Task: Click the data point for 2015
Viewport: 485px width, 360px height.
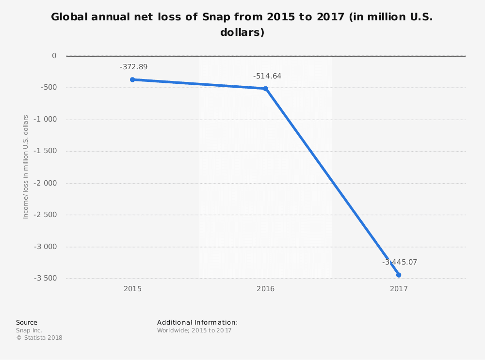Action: click(x=132, y=79)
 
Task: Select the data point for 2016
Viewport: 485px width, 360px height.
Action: click(x=265, y=89)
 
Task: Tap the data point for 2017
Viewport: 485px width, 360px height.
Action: click(x=399, y=275)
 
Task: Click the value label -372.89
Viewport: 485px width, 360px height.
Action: click(x=133, y=67)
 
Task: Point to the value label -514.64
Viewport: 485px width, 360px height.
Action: click(x=267, y=76)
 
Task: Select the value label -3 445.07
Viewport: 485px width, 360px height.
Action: click(x=400, y=262)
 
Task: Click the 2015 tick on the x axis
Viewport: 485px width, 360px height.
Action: click(x=132, y=289)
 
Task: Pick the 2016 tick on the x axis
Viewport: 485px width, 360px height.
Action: click(x=265, y=289)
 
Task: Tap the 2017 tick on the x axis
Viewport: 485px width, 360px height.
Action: click(x=399, y=289)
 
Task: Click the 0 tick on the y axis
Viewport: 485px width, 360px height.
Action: click(x=54, y=56)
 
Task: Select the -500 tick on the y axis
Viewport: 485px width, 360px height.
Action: click(x=48, y=88)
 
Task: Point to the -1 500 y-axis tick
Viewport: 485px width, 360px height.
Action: click(x=45, y=151)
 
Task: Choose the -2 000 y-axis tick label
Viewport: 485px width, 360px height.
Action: click(x=45, y=183)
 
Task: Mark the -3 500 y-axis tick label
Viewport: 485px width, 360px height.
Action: click(x=45, y=278)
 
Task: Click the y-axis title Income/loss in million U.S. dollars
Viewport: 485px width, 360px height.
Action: click(x=26, y=167)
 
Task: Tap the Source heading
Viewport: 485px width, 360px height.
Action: click(x=26, y=322)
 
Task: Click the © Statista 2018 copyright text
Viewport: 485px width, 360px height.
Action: click(x=39, y=338)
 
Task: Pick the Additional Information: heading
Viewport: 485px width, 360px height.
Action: click(x=197, y=322)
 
